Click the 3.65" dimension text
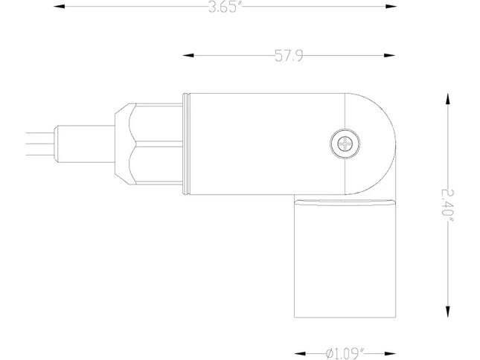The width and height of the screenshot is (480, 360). [x=223, y=7]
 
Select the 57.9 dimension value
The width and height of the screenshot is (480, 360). [x=289, y=56]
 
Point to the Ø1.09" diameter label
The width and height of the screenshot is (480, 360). [x=345, y=353]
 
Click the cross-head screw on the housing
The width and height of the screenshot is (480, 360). [x=345, y=144]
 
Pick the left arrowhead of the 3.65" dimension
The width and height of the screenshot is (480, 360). [x=60, y=6]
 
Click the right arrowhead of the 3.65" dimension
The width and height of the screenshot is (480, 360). [x=391, y=6]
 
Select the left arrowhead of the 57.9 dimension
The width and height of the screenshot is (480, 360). [x=188, y=55]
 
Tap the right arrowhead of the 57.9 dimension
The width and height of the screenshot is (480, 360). [x=389, y=55]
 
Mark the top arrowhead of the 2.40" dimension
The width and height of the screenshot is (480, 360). [x=447, y=99]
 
